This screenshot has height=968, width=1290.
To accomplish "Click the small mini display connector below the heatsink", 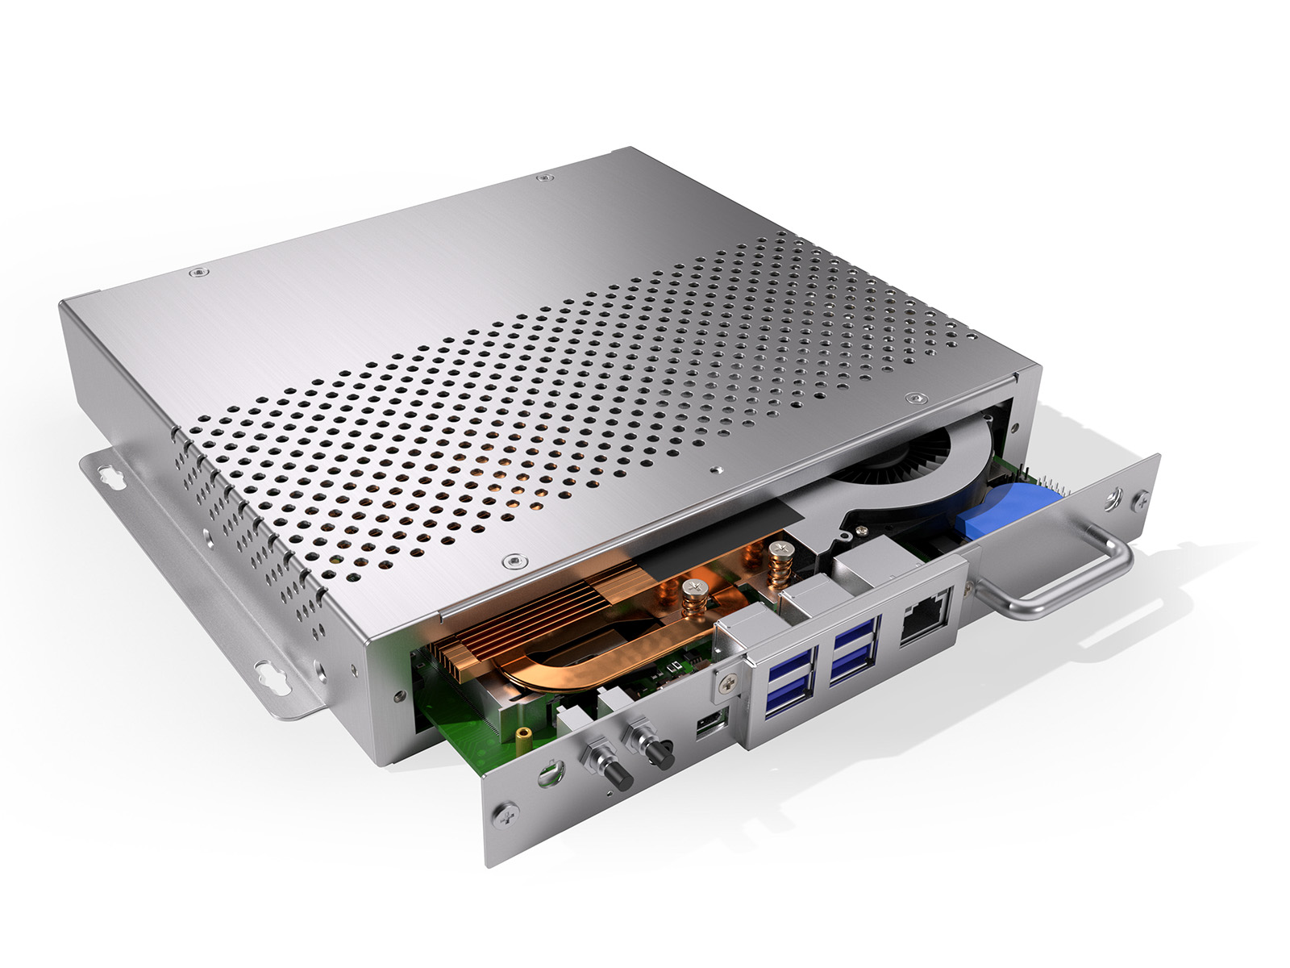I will coord(712,722).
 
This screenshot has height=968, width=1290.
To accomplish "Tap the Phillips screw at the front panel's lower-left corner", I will coord(505,813).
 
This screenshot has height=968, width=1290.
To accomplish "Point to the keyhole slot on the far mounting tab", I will coord(111,478).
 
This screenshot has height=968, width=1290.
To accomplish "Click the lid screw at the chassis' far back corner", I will coord(546,177).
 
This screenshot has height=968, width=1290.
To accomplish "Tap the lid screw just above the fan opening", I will coord(916,398).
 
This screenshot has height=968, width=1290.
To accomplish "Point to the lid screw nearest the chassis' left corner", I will coord(197,273).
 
